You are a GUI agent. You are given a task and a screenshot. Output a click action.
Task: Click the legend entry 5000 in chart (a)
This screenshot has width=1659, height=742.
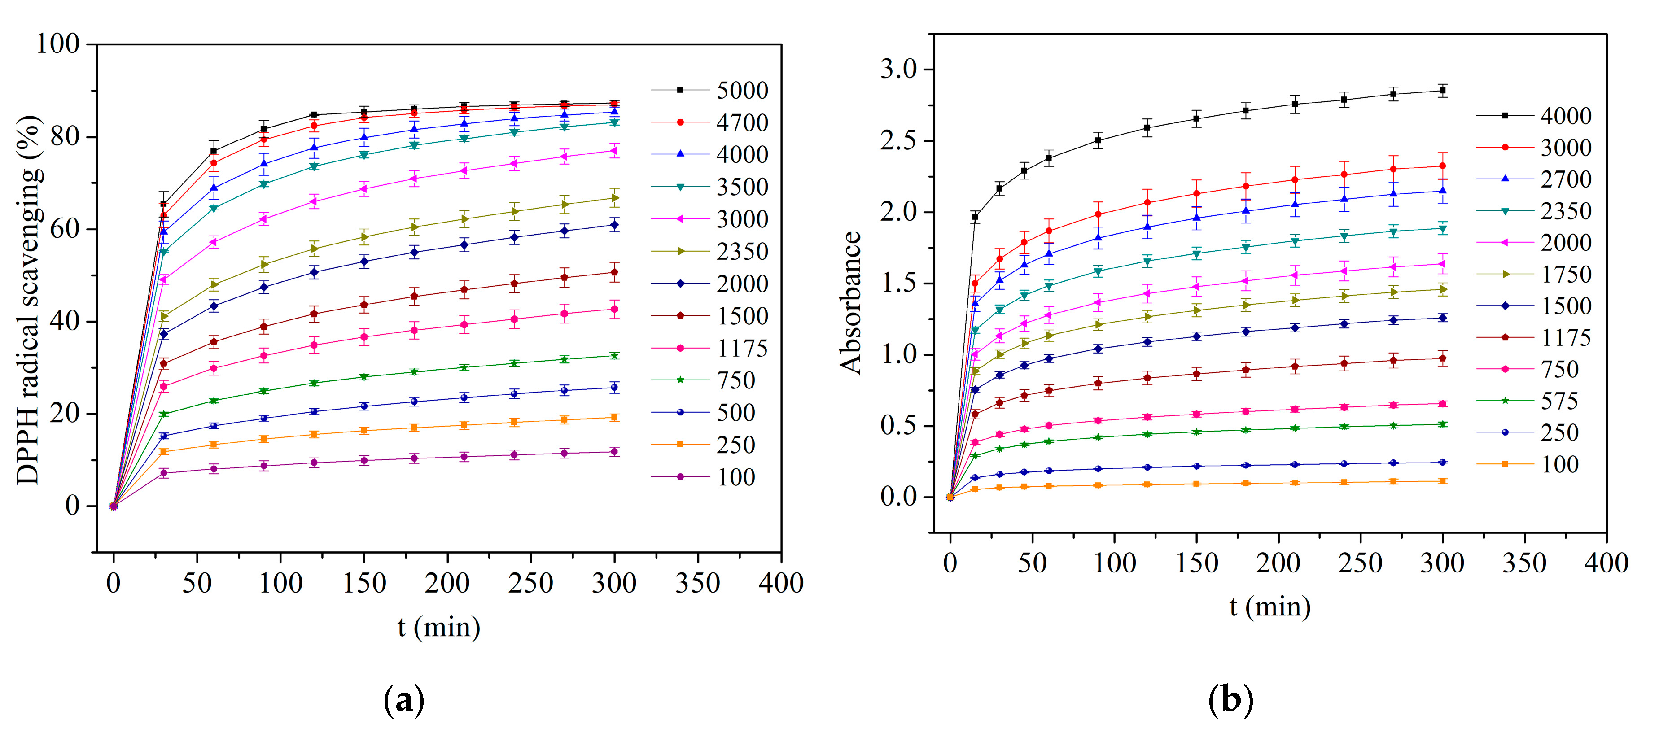[x=742, y=90]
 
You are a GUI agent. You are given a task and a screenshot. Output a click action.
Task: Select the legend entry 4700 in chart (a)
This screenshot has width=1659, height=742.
[x=742, y=122]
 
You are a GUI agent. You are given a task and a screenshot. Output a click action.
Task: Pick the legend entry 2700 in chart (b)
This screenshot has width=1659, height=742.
[x=1565, y=179]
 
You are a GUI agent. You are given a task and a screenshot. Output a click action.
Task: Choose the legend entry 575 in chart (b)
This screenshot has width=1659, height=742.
[x=1558, y=401]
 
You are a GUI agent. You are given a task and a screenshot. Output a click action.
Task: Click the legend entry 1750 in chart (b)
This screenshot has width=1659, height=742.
[x=1565, y=275]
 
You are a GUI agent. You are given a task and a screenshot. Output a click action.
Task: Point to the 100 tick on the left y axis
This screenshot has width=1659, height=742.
[x=58, y=44]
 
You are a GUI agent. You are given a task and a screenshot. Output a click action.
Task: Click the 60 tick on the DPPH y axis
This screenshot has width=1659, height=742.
[x=65, y=229]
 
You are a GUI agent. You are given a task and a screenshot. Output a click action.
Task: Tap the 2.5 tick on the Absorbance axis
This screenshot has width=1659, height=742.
[x=898, y=140]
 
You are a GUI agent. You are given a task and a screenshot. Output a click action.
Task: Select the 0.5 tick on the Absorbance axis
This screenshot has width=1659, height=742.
[x=898, y=426]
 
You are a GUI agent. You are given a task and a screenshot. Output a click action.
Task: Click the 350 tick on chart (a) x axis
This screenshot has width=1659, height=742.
[x=697, y=583]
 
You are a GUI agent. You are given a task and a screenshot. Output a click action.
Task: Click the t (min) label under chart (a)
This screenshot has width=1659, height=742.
[x=438, y=627]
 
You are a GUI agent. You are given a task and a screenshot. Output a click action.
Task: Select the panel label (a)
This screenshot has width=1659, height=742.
[x=404, y=700]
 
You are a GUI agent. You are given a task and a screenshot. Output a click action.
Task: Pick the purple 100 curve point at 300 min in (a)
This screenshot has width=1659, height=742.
[x=614, y=451]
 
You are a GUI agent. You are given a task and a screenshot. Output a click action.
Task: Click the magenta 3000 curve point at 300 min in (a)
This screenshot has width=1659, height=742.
[x=614, y=151]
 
